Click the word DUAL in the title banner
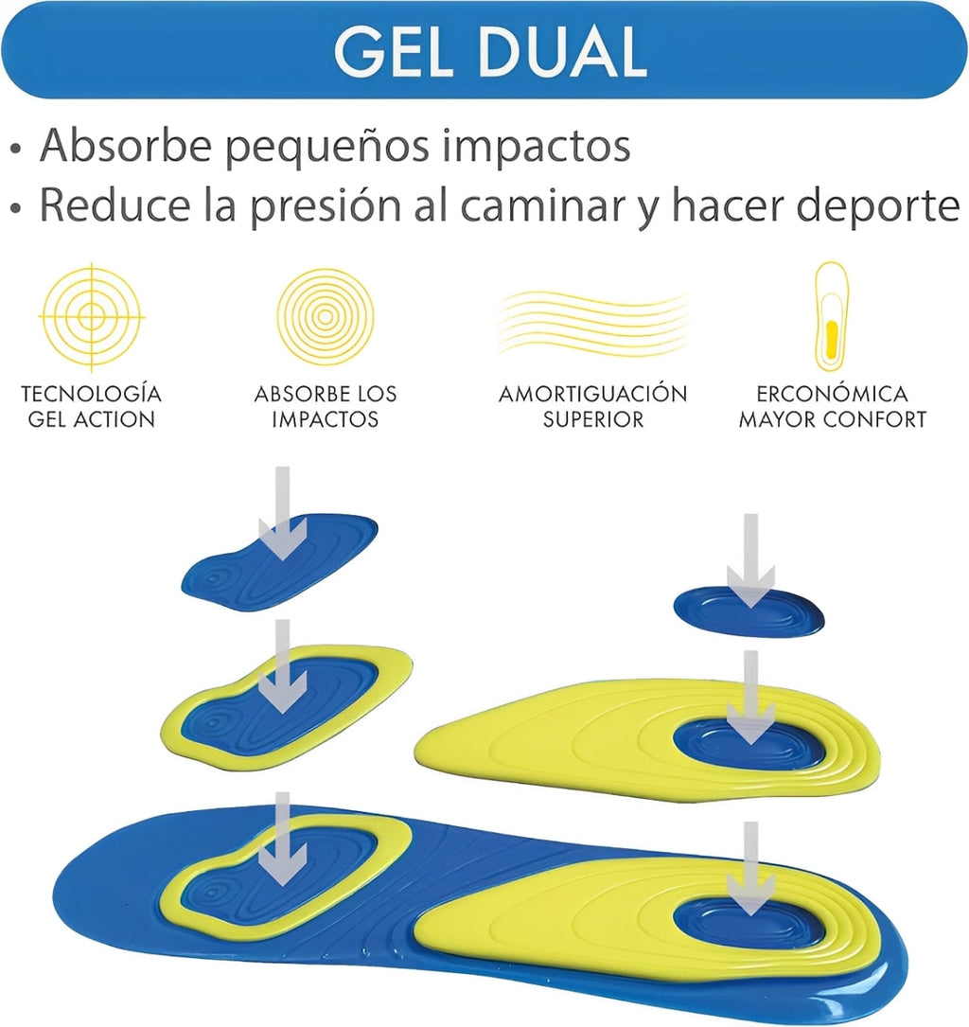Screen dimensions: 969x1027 pos(564,52)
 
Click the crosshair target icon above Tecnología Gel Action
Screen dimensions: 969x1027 pos(92,316)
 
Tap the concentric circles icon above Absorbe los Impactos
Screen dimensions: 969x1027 pos(326,317)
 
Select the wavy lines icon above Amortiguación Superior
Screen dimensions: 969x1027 pos(592,322)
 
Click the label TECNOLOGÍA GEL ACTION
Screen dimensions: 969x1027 pos(92,406)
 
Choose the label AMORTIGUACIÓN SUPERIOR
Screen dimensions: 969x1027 pos(593,406)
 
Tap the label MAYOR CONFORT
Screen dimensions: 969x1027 pos(833,419)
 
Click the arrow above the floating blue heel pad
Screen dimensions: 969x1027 pos(751,560)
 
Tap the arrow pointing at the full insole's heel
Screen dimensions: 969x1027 pos(751,869)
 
